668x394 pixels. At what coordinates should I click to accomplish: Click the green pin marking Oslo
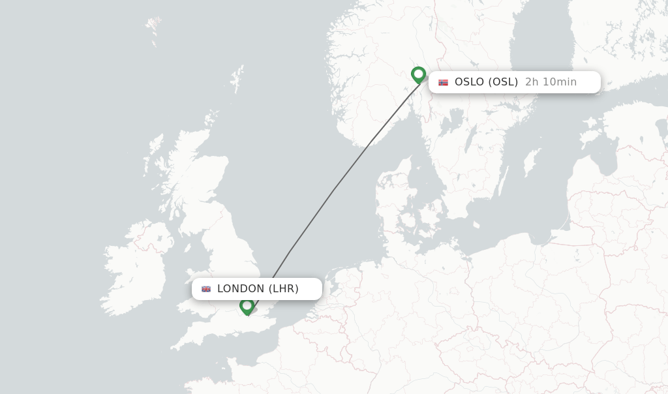pyautogui.click(x=418, y=74)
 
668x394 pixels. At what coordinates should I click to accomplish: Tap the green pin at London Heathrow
pyautogui.click(x=247, y=305)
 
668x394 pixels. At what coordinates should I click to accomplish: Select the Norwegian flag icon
pyautogui.click(x=444, y=82)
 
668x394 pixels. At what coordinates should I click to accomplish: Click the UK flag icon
pyautogui.click(x=206, y=289)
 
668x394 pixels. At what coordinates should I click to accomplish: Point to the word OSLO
pyautogui.click(x=469, y=82)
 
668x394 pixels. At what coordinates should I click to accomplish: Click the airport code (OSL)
pyautogui.click(x=503, y=82)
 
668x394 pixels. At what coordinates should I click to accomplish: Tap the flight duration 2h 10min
pyautogui.click(x=551, y=82)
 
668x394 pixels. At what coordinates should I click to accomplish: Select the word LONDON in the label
pyautogui.click(x=241, y=289)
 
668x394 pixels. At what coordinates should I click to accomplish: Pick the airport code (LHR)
pyautogui.click(x=284, y=289)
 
